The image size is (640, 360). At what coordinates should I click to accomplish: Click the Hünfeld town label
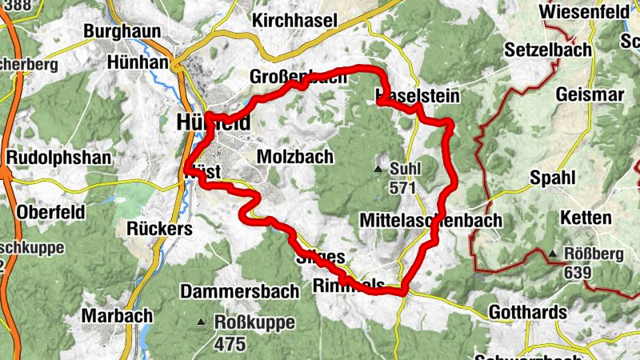[x=212, y=122]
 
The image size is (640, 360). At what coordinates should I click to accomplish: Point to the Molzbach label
[x=294, y=157]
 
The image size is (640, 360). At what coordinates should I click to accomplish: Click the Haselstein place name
[x=418, y=96]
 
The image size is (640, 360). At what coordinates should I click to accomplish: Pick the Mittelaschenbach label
[x=430, y=219]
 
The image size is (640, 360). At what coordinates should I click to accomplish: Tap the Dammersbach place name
[x=229, y=291]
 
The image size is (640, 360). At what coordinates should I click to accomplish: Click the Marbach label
[x=117, y=315]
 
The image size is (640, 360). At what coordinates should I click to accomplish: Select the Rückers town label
[x=160, y=229]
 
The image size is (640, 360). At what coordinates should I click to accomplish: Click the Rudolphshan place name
[x=58, y=157]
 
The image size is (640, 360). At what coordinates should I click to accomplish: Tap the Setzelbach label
[x=548, y=50]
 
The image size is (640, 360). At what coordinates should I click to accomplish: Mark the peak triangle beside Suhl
[x=378, y=169]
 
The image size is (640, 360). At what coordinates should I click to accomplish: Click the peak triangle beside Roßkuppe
[x=201, y=322]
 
